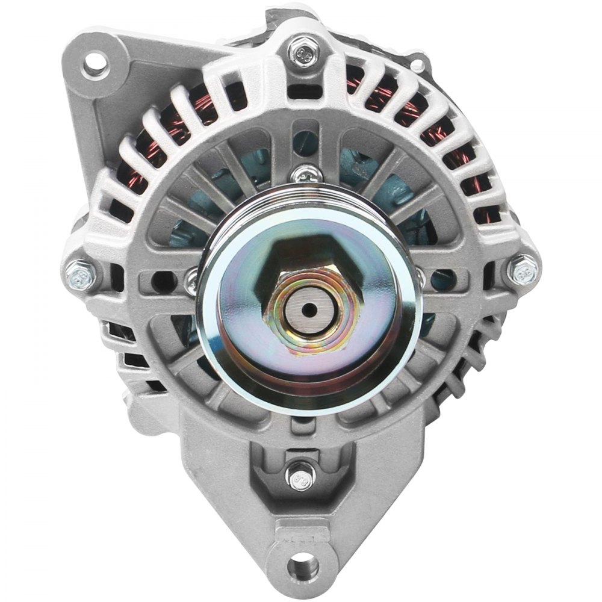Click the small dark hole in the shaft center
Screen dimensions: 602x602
point(309,309)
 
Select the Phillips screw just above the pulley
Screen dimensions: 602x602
point(301,175)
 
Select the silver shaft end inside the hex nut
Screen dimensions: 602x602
point(309,309)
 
